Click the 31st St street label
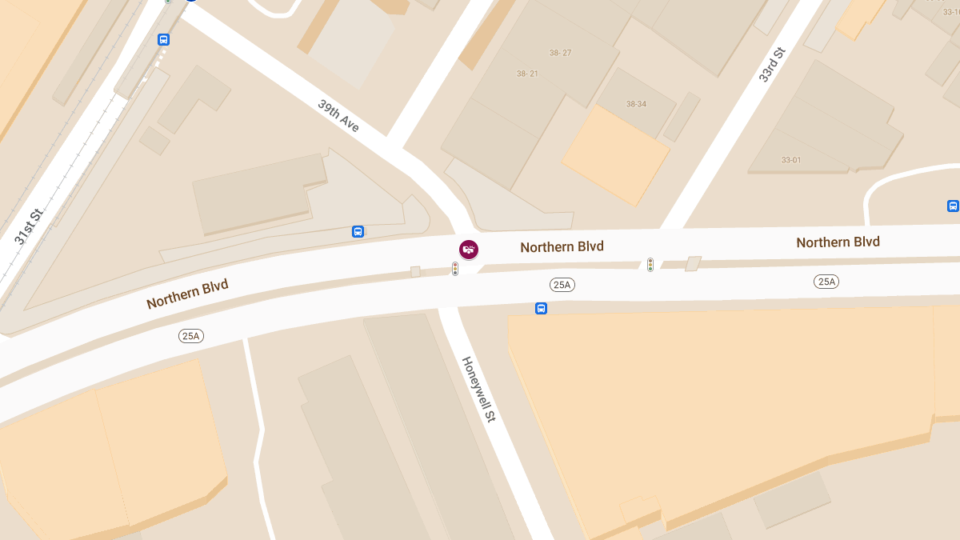27,226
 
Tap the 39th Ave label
338,116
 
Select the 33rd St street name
772,64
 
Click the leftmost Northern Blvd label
187,294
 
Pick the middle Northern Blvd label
562,246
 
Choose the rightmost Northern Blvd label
838,242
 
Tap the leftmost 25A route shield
190,336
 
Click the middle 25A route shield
562,285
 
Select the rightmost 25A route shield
826,281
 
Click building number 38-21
527,74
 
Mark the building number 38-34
636,104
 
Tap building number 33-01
791,160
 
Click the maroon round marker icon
469,250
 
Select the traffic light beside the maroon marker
455,269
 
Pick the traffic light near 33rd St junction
650,264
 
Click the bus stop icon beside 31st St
163,39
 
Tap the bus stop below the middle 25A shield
541,308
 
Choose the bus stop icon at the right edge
953,206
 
